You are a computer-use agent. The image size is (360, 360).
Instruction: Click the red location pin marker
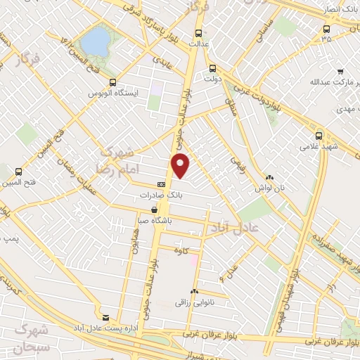point(181,165)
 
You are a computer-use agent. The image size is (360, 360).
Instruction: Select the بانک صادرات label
point(142,195)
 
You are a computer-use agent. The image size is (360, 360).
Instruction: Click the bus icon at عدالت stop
point(198,32)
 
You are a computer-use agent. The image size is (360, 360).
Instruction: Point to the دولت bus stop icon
point(212,69)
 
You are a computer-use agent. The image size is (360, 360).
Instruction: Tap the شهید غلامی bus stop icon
point(319,135)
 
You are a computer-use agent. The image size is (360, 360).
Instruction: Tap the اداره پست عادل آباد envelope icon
point(107,318)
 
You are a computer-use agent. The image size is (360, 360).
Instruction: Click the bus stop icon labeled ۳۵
point(326,29)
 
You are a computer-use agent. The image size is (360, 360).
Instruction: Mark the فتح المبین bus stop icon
point(18,170)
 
